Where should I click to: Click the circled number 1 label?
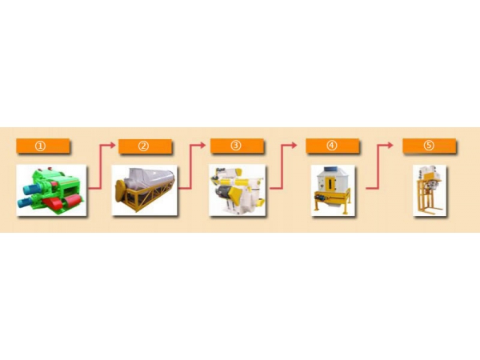tap(40, 146)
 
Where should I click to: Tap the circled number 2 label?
tap(143, 146)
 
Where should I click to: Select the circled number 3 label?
tap(236, 146)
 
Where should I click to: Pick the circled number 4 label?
tap(332, 146)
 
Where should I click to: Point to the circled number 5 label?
tap(429, 146)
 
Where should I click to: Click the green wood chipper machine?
tap(51, 190)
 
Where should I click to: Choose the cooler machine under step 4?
tap(333, 190)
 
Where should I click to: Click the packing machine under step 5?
tap(429, 190)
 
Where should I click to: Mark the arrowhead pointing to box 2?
tap(113, 145)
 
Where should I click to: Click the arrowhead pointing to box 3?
tap(202, 145)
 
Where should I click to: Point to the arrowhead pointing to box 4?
tap(294, 145)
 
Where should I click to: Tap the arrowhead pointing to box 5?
tap(390, 145)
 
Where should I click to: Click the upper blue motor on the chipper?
tap(31, 189)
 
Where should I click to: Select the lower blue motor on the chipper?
tap(26, 202)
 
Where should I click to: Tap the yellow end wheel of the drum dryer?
tap(120, 190)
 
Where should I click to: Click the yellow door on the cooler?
tap(330, 184)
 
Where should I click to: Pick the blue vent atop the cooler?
tap(332, 169)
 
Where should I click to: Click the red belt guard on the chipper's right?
tap(72, 202)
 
